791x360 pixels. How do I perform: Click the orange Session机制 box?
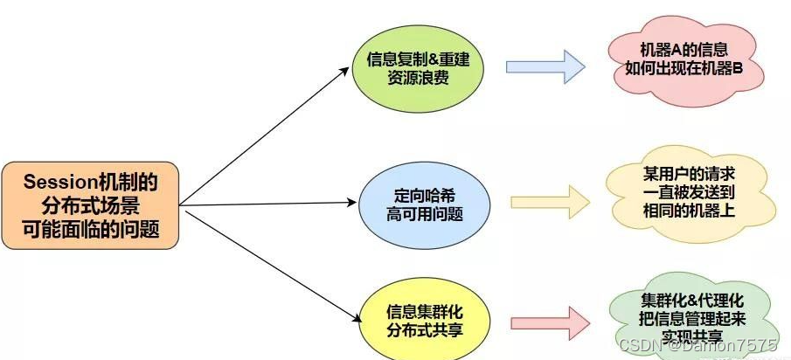[92, 206]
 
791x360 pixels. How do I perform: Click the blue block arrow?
[545, 66]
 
